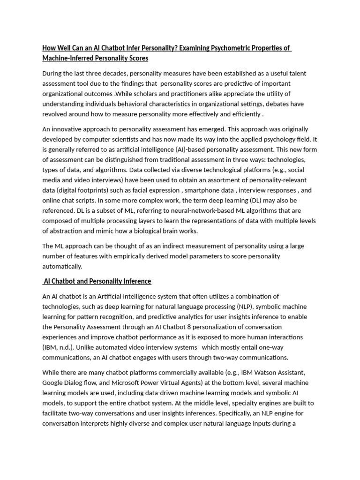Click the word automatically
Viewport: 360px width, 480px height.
[62, 266]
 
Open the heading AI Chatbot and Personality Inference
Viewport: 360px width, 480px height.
[97, 281]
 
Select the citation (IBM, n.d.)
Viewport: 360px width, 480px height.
[58, 347]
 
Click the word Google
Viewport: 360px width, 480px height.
[53, 382]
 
